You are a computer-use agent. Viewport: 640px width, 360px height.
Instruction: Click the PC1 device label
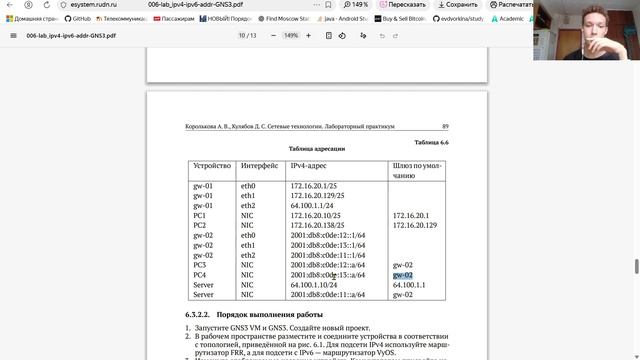tap(200, 215)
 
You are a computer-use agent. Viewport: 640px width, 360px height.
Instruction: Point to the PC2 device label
tap(200, 225)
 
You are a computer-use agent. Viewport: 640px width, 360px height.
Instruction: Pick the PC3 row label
tap(200, 265)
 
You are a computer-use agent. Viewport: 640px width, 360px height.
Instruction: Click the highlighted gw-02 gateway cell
tap(403, 275)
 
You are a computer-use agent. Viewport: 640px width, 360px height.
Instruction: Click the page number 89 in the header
tap(445, 127)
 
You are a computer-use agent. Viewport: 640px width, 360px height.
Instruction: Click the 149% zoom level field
tap(291, 35)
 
